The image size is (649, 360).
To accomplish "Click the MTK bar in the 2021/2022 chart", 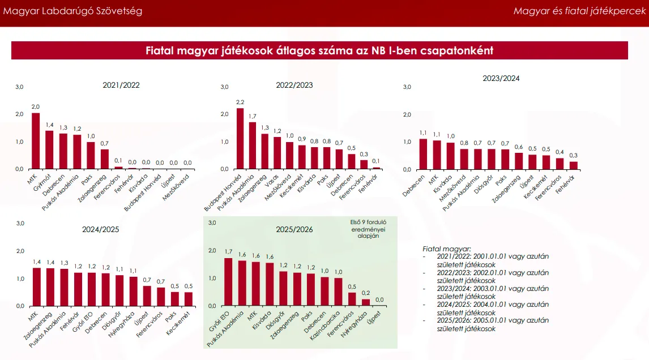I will tap(36, 141).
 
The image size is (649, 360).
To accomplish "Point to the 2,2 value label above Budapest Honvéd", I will tap(240, 102).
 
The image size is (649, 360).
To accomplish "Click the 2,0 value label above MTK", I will tap(36, 107).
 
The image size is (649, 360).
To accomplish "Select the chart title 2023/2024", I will tap(501, 79).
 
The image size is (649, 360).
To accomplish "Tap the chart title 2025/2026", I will tap(294, 230).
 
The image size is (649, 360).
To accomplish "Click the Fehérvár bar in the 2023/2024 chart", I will tap(574, 165).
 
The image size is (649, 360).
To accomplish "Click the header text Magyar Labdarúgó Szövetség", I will tap(73, 11).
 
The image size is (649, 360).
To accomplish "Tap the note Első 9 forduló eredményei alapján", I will tap(368, 229).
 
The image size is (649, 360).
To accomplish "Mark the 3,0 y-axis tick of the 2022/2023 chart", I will tap(224, 87).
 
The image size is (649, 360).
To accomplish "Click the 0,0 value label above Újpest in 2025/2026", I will tap(379, 299).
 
